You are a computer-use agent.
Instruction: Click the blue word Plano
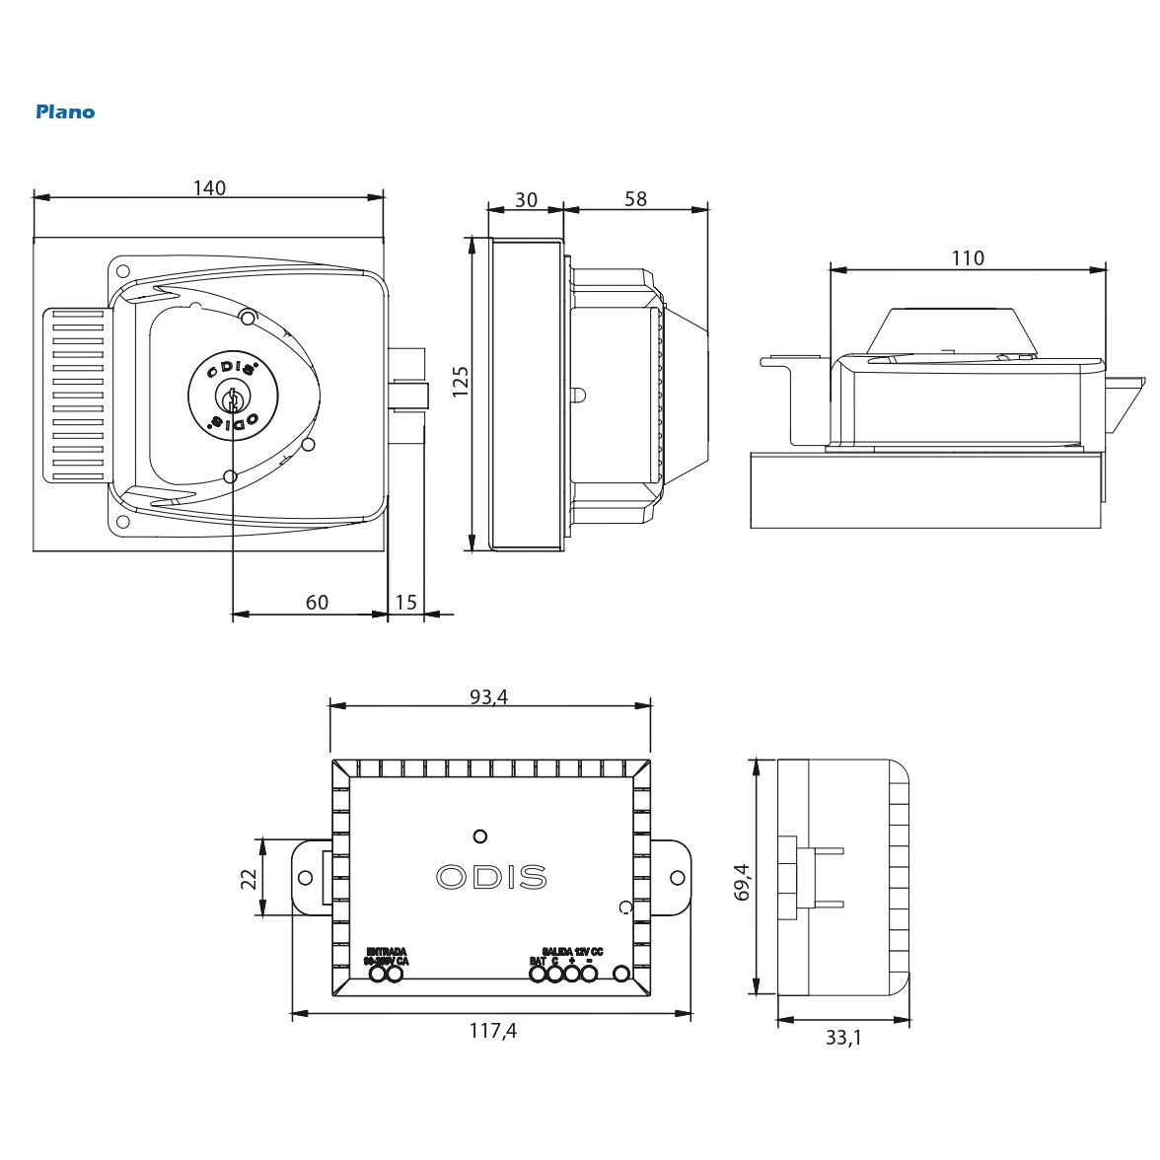(x=65, y=111)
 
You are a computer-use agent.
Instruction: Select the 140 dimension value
(x=209, y=187)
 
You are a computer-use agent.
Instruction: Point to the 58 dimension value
(x=636, y=198)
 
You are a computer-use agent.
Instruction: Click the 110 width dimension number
(x=968, y=257)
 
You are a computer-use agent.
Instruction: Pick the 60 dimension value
(x=317, y=602)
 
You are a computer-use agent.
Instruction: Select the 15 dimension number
(x=406, y=602)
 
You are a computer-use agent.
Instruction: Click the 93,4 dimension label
(x=488, y=697)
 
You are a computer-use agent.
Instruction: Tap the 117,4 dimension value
(x=492, y=1031)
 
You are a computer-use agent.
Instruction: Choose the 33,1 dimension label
(x=842, y=1039)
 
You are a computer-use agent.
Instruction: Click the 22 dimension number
(x=250, y=878)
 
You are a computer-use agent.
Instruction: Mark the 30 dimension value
(x=527, y=199)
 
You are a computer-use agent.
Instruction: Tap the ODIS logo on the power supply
(x=491, y=877)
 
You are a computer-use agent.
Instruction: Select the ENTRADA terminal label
(x=386, y=952)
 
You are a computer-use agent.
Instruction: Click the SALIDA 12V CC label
(x=573, y=952)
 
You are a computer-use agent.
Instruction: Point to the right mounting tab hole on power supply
(x=678, y=878)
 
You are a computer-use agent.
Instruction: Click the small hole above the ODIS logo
(x=480, y=836)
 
